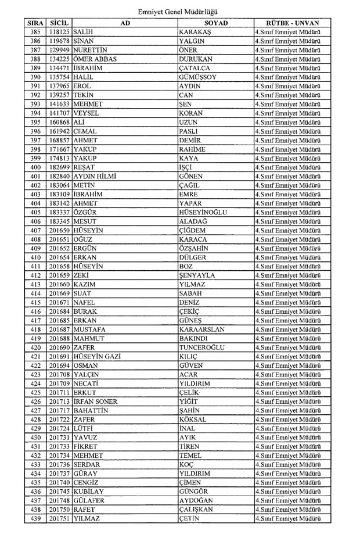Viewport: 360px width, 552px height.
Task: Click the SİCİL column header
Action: [59, 21]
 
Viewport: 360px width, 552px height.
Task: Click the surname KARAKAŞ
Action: [195, 31]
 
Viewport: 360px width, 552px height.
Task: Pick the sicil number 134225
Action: [60, 59]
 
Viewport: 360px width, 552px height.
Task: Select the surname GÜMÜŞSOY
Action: [198, 77]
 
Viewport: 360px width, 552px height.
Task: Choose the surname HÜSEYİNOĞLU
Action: [204, 212]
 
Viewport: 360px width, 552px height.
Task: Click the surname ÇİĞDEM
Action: [194, 230]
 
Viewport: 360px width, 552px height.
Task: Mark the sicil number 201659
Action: [60, 275]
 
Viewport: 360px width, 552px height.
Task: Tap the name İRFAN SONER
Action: [96, 402]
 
